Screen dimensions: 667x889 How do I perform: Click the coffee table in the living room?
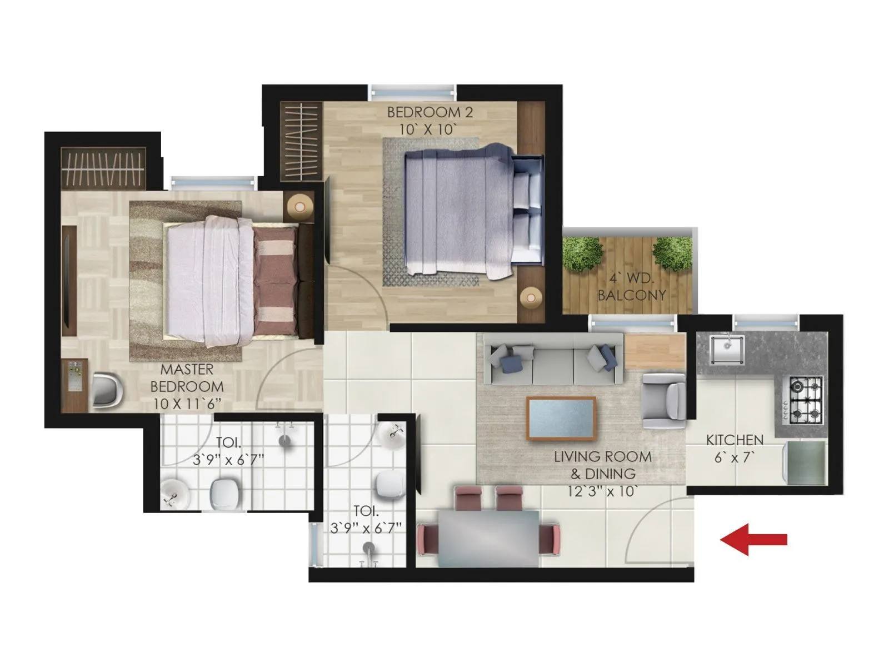(x=561, y=419)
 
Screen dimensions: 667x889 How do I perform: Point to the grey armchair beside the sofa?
(x=663, y=400)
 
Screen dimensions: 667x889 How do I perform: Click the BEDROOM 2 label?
(x=429, y=112)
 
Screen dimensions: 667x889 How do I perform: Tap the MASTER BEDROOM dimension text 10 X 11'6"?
(x=188, y=404)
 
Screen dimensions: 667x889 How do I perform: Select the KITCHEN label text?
(x=735, y=440)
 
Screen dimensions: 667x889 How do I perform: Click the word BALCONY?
(x=631, y=295)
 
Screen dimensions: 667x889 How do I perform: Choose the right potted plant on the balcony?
(x=673, y=253)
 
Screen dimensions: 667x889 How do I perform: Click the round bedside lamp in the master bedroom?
(x=300, y=207)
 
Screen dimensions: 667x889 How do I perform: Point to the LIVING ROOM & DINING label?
(x=602, y=465)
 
